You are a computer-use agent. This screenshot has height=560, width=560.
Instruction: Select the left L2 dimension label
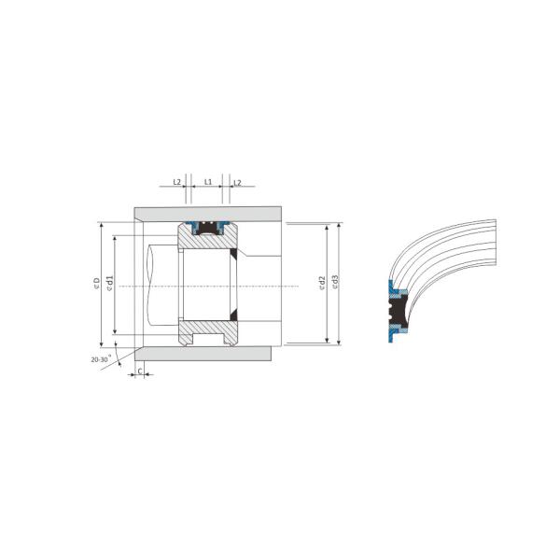click(x=177, y=182)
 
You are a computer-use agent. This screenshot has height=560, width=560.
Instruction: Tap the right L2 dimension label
click(x=237, y=182)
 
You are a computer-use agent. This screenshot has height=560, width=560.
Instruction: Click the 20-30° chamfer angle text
click(x=101, y=358)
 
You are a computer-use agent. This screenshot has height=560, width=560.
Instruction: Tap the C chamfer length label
click(x=140, y=371)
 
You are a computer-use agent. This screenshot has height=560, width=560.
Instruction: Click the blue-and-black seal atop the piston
click(x=206, y=224)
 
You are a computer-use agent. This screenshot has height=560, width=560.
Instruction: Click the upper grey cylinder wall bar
click(x=205, y=213)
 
